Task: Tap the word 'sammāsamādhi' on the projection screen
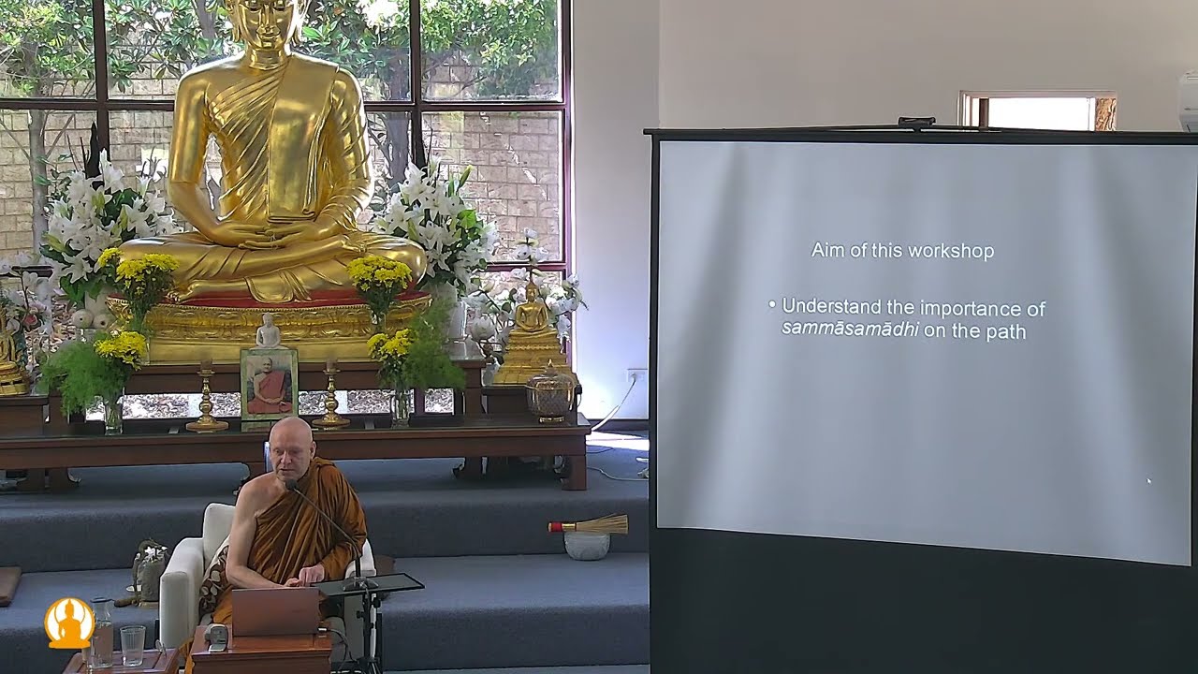click(x=849, y=330)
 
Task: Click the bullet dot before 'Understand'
click(x=771, y=304)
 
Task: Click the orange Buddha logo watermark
click(x=69, y=623)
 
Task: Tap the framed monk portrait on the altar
click(x=269, y=384)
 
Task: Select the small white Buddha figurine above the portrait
click(x=268, y=331)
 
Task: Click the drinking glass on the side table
click(x=133, y=645)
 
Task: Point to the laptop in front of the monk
click(x=275, y=611)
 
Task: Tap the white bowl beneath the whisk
click(x=587, y=545)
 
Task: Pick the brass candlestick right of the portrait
click(x=329, y=396)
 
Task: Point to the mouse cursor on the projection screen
click(x=1149, y=482)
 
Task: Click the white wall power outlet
click(x=636, y=376)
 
